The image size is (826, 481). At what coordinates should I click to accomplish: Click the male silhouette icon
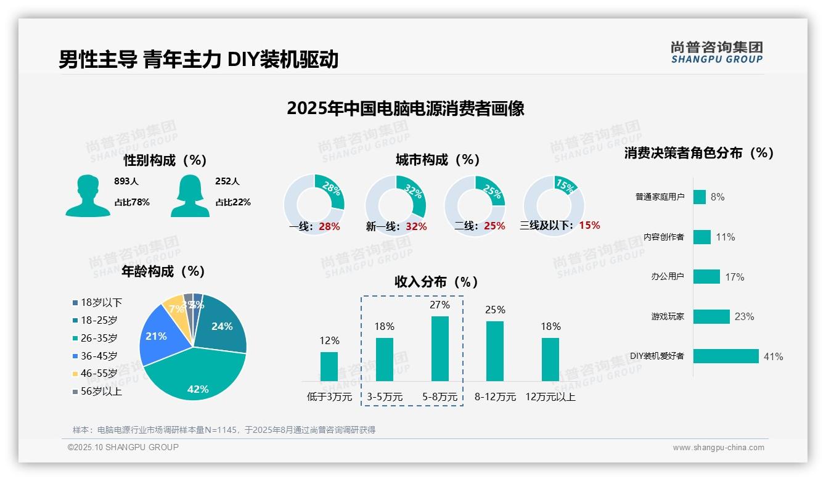click(88, 196)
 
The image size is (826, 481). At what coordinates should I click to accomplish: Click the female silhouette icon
click(190, 196)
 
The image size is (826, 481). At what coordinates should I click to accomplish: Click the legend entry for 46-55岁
click(99, 374)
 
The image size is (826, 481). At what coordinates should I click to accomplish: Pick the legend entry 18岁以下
click(101, 303)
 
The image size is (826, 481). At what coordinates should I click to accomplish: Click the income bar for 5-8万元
click(440, 348)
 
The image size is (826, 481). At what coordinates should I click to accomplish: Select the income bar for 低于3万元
click(329, 366)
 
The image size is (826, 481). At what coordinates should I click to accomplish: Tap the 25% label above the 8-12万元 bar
click(495, 310)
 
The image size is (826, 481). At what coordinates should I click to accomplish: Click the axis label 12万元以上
click(550, 397)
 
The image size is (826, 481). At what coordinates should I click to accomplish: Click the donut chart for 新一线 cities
click(395, 205)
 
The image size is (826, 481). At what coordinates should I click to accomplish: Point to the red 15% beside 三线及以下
click(589, 225)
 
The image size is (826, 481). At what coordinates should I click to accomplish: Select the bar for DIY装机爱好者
click(726, 356)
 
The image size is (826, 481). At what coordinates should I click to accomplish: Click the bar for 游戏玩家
click(711, 316)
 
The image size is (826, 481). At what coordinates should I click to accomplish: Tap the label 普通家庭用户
click(660, 197)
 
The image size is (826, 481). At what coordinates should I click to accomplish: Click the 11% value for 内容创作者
click(726, 237)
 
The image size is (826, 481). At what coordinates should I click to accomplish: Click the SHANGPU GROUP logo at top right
click(716, 52)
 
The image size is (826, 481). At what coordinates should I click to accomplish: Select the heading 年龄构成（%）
click(163, 271)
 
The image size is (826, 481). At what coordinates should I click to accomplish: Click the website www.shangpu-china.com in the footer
click(718, 448)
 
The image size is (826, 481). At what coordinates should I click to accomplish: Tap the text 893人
click(126, 181)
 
